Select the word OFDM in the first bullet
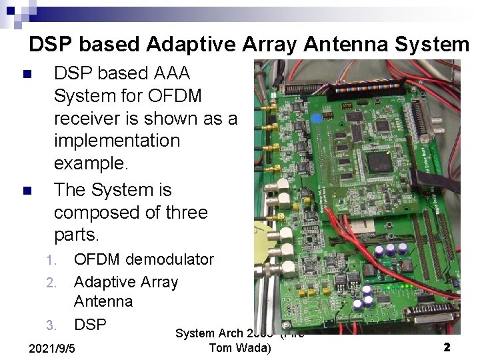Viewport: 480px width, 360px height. click(174, 95)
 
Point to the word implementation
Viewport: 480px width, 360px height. click(117, 141)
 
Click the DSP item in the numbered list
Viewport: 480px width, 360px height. click(90, 324)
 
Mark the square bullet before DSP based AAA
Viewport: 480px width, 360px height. click(27, 73)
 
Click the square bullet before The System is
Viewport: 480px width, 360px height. click(27, 191)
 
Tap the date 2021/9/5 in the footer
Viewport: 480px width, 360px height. click(53, 348)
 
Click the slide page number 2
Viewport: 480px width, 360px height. click(447, 347)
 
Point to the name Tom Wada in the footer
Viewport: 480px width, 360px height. click(240, 348)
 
